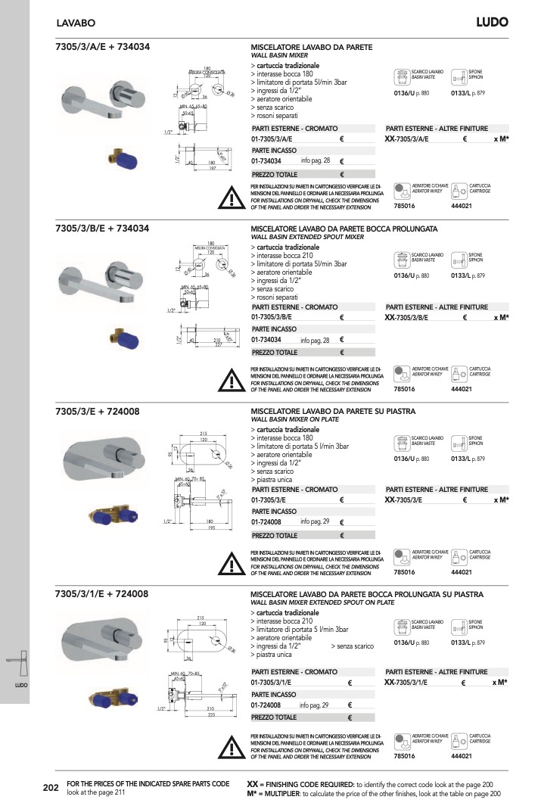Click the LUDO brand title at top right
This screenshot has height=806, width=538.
pyautogui.click(x=491, y=22)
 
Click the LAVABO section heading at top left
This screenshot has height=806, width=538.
pyautogui.click(x=76, y=24)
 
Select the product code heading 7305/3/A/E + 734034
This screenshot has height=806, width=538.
pyautogui.click(x=103, y=47)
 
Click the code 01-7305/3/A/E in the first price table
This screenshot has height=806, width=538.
pyautogui.click(x=272, y=140)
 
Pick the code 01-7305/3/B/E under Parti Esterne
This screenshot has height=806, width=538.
pyautogui.click(x=272, y=318)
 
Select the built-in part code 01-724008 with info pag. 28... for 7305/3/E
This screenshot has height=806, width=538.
pyautogui.click(x=266, y=522)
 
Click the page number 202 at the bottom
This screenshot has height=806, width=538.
pyautogui.click(x=51, y=788)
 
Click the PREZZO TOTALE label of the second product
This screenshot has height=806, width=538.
pyautogui.click(x=275, y=353)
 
